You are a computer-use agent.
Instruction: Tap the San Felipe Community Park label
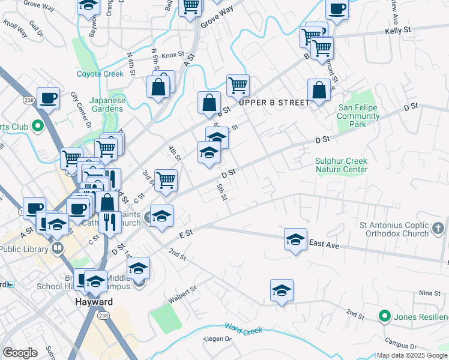click(359, 116)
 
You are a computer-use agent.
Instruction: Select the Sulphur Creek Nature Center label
click(341, 165)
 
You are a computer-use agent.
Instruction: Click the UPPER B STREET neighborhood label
click(275, 103)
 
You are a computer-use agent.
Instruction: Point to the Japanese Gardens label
click(108, 105)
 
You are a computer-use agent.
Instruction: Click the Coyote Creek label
click(100, 74)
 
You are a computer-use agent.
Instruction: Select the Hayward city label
click(95, 302)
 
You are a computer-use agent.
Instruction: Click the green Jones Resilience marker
click(383, 316)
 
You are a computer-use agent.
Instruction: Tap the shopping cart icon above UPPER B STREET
click(238, 86)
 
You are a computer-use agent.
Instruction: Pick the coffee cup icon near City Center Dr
click(48, 97)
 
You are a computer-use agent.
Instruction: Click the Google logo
click(20, 353)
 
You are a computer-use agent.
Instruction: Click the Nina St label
click(429, 293)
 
